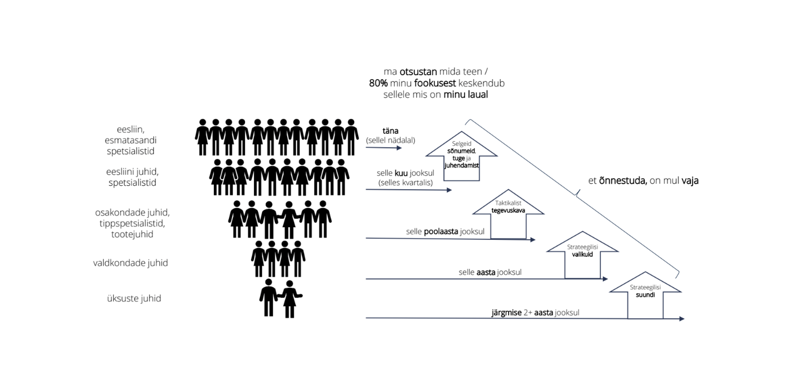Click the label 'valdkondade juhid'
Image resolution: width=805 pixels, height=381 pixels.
point(130,263)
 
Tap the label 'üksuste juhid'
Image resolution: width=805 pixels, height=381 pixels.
point(134,298)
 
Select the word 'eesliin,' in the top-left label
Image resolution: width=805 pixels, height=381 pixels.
point(130,129)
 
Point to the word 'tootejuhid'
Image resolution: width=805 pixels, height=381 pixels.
point(132,234)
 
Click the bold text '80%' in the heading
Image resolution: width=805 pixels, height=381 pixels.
point(378,83)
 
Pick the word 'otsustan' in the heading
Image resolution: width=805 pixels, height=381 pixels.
point(418,71)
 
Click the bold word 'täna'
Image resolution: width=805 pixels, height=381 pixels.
point(390,131)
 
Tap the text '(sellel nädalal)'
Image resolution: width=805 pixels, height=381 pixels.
point(390,140)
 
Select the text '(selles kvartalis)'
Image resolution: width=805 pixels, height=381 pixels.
point(406,182)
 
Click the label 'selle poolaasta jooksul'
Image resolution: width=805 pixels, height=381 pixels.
point(445,231)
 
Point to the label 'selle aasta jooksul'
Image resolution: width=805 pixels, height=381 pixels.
point(490,272)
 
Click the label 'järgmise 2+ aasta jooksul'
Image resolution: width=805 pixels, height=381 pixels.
point(535,313)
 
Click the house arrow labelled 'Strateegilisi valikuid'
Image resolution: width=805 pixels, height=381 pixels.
point(582,256)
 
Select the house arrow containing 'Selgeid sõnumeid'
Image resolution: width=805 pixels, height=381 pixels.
point(461,157)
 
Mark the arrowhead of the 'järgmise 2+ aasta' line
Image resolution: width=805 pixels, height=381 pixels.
point(682,319)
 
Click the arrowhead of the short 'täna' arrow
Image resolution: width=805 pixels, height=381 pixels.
point(399,148)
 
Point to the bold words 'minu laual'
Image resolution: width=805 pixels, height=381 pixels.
point(465,95)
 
